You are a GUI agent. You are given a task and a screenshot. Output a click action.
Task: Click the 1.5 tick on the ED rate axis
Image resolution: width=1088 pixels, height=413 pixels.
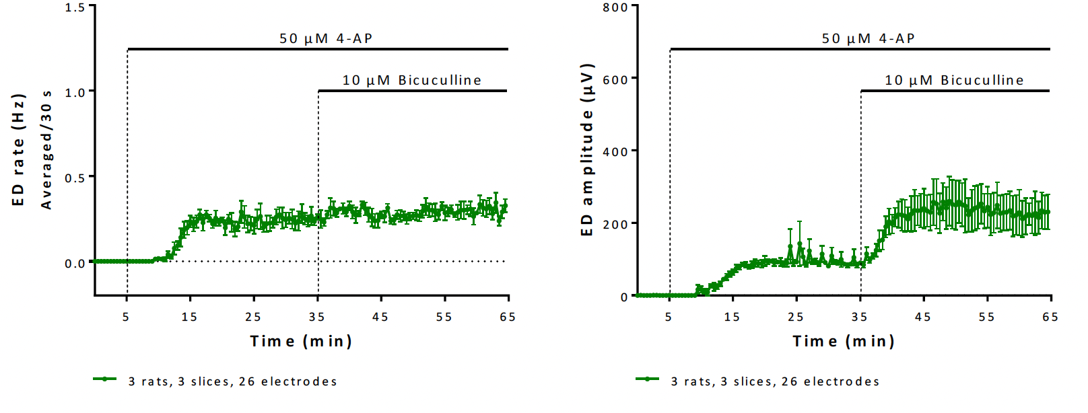[x=75, y=7]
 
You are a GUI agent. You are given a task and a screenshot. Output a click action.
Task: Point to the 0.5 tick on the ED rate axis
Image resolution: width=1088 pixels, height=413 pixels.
[x=75, y=178]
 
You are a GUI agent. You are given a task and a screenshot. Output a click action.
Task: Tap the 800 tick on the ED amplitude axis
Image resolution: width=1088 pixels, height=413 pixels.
[x=615, y=7]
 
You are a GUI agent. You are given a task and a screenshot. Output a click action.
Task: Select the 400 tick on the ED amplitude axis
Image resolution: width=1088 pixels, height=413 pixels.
[x=615, y=152]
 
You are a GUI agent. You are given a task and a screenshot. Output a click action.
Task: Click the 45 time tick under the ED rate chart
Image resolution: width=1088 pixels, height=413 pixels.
[x=380, y=317]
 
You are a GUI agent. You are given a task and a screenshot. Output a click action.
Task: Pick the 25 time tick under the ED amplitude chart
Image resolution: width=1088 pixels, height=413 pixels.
[x=796, y=317]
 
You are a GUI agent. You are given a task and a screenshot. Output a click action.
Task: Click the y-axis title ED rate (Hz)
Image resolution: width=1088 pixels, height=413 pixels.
[x=18, y=150]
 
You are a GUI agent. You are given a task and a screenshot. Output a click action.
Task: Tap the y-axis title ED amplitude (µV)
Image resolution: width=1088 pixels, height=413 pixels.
[x=587, y=150]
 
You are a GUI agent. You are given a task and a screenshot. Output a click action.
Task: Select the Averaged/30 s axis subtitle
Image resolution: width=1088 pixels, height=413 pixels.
[x=46, y=150]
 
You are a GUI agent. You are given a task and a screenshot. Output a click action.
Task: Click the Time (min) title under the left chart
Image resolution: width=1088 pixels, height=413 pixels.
[x=301, y=342]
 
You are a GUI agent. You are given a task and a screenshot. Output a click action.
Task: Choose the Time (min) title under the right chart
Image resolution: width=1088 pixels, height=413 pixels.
[x=844, y=342]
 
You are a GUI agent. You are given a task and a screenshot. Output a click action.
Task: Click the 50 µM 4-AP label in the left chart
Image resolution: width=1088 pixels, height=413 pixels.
[x=326, y=38]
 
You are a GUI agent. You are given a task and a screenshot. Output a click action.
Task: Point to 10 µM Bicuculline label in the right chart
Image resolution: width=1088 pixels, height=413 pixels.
[x=954, y=81]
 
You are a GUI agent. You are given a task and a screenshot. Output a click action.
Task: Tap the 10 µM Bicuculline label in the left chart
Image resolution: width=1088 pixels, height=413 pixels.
[x=412, y=81]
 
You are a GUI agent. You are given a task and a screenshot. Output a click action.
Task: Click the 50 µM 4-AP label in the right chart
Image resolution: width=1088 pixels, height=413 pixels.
[x=869, y=38]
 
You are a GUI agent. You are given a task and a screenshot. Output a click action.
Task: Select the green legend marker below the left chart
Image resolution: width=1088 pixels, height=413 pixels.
[x=105, y=379]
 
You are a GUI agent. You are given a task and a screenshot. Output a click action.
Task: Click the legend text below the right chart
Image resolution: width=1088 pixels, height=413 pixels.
[x=775, y=382]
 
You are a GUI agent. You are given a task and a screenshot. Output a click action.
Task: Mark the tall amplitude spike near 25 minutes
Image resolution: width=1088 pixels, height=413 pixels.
[x=800, y=232]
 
